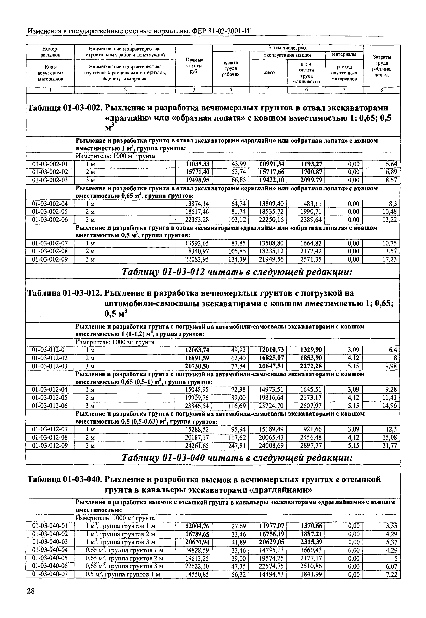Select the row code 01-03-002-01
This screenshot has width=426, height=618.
point(50,164)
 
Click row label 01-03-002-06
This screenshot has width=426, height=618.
point(50,220)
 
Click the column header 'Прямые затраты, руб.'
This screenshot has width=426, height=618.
point(194,66)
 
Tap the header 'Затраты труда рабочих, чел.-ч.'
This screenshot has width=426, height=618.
point(382,66)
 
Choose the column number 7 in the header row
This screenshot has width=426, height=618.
point(344,90)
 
